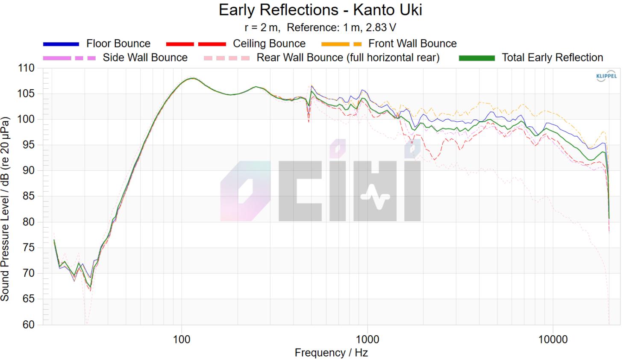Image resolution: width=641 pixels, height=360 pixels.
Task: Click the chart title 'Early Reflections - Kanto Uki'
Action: point(320,10)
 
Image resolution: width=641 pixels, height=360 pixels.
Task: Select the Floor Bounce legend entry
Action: point(118,44)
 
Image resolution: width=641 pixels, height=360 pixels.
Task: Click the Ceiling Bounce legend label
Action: point(269,44)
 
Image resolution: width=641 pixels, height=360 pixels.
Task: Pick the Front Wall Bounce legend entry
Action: point(412,44)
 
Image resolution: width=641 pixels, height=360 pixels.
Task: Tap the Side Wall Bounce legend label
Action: point(145,58)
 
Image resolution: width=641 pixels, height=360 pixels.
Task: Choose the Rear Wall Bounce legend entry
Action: point(347,58)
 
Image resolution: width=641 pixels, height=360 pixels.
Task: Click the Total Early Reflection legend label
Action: point(552,58)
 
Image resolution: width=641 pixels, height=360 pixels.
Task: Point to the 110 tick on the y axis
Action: point(26,68)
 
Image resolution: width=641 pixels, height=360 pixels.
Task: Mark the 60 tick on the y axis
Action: point(28,325)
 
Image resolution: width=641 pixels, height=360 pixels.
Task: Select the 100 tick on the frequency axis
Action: point(182,340)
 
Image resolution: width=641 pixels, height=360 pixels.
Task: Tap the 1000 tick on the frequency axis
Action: point(367,340)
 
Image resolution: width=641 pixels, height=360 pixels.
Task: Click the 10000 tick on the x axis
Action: point(553,340)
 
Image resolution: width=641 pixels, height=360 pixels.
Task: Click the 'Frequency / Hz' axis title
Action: point(331,353)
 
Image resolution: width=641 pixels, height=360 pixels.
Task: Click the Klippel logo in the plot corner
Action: point(606,76)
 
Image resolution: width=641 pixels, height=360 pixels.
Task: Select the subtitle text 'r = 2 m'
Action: point(262,28)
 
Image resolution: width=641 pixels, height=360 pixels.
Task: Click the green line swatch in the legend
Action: point(476,58)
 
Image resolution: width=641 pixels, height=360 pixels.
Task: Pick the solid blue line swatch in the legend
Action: point(61,44)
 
